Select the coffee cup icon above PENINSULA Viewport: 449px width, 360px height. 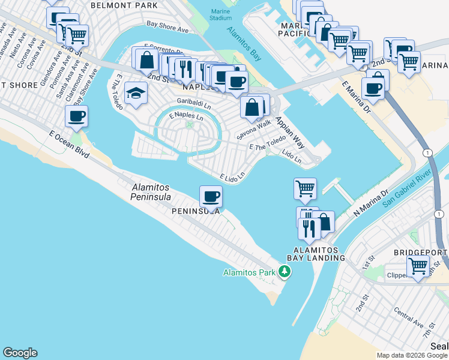(x=211, y=196)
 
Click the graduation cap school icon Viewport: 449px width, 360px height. (x=136, y=94)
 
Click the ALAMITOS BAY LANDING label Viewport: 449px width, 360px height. (x=319, y=254)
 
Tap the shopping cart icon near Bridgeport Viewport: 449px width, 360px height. (x=418, y=266)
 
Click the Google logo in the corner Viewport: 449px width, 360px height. (x=20, y=353)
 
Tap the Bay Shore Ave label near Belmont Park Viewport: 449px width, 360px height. (x=167, y=28)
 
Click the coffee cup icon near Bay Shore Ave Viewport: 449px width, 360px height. (x=76, y=117)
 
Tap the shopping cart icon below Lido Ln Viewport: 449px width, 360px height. (x=305, y=189)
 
